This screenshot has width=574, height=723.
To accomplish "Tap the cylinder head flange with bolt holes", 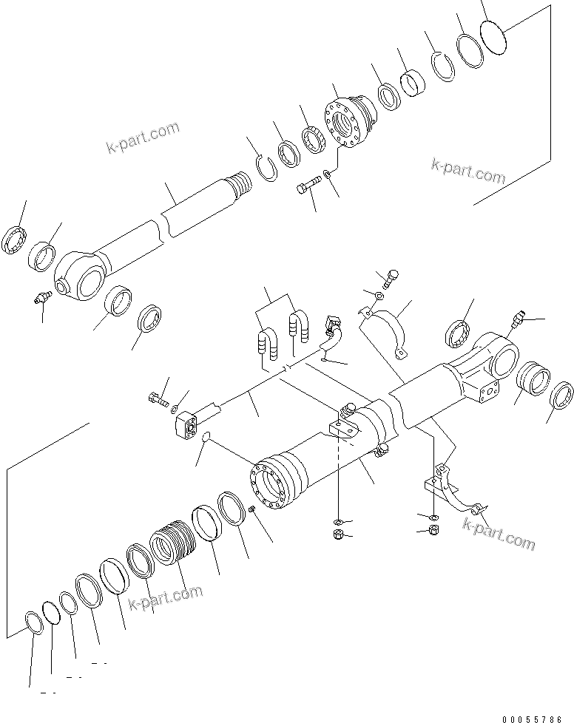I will pos(348,123).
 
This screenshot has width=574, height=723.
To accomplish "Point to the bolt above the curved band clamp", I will pos(391,279).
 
